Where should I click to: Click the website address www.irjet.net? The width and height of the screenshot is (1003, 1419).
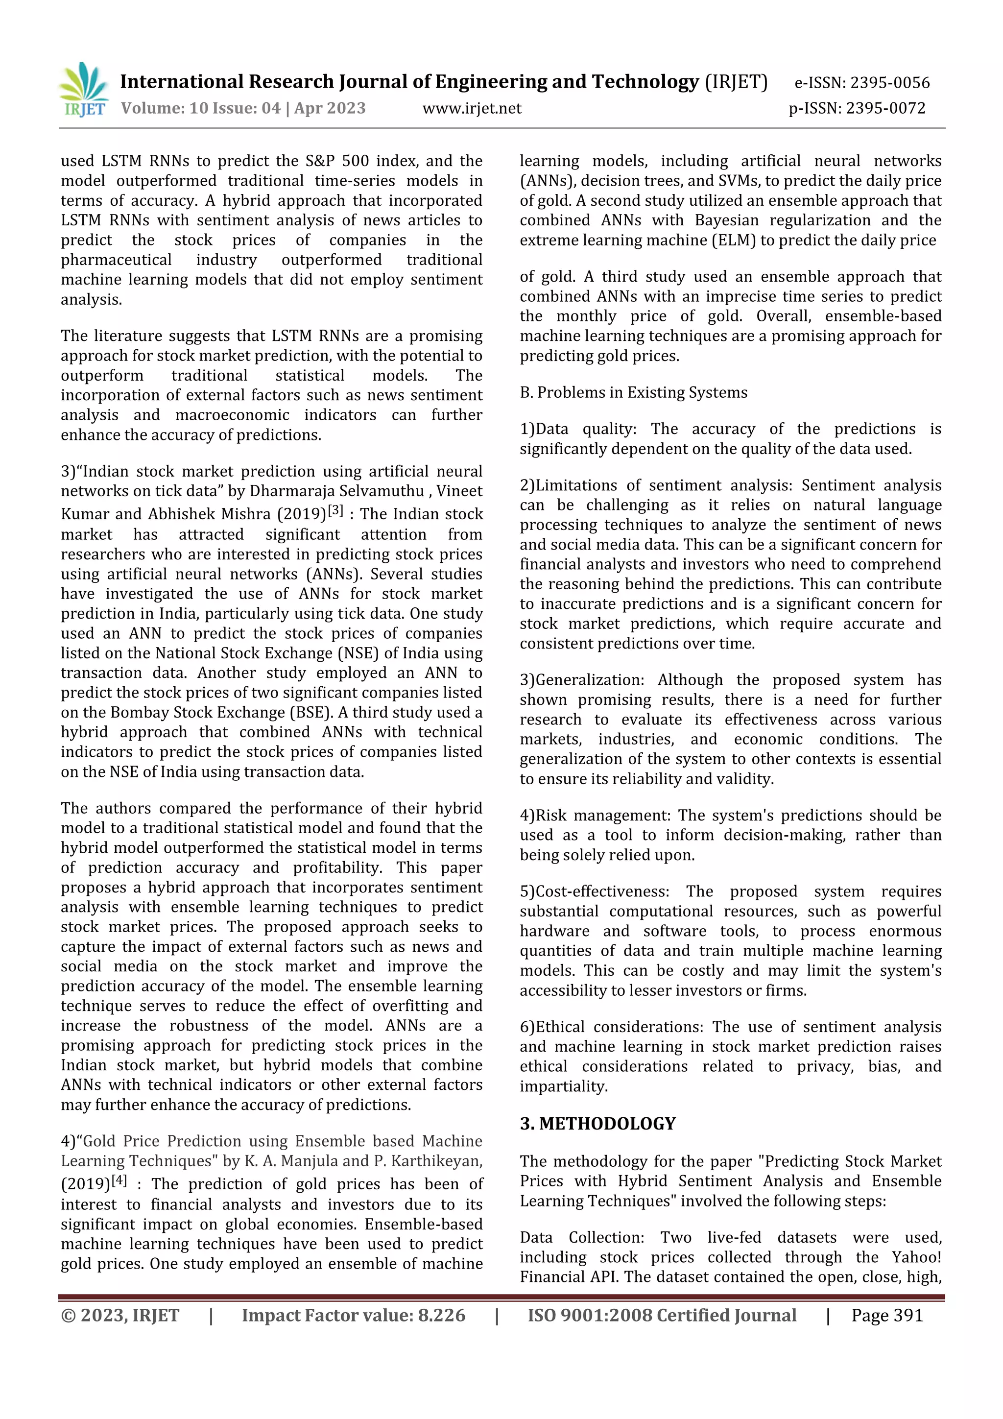point(472,109)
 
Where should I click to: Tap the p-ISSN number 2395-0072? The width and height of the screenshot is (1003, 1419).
point(885,109)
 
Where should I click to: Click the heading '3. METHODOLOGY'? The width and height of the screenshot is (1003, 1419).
point(597,1124)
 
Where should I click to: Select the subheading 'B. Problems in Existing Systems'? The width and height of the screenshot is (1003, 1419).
point(633,392)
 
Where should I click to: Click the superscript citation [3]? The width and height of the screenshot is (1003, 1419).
point(335,510)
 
